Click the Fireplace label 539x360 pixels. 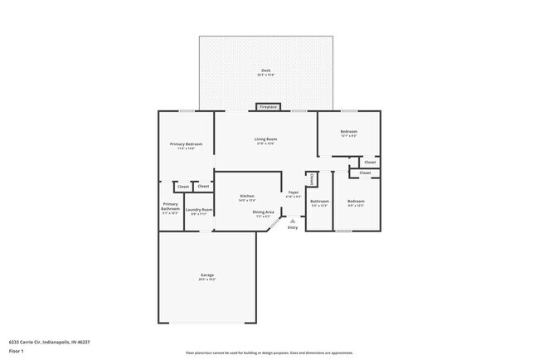pos(268,107)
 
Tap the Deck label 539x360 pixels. pos(265,71)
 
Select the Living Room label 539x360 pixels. pos(265,139)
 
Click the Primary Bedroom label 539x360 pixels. pos(187,144)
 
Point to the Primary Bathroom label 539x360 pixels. pos(170,205)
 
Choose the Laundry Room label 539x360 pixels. pos(199,210)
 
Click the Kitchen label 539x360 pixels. pos(247,196)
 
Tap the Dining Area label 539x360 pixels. pos(264,212)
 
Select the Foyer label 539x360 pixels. pos(294,193)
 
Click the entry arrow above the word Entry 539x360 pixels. pos(292,221)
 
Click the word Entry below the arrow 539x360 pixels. pos(293,228)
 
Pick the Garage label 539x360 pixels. pos(207,275)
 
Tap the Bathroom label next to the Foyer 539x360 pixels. pos(319,202)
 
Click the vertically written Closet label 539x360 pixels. pos(311,178)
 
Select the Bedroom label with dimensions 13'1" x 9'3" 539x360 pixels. pos(348,132)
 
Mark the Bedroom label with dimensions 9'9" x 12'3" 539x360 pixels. pos(356,202)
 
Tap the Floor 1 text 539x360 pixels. pos(17,350)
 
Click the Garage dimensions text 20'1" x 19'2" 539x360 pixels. pos(207,280)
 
